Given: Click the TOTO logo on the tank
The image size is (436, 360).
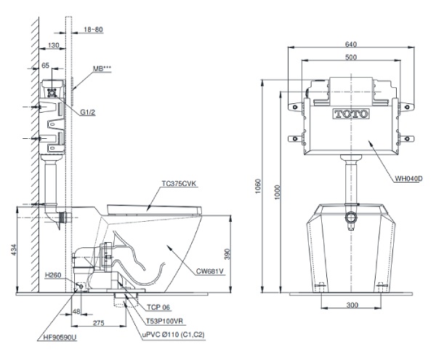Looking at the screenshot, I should coord(351,114).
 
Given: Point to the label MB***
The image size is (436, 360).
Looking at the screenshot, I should coord(102,70).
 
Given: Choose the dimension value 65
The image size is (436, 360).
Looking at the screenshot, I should coord(46,65).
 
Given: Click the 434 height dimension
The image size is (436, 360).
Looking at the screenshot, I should coord(8,250).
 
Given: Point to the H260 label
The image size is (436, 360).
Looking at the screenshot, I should coord(52,276).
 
